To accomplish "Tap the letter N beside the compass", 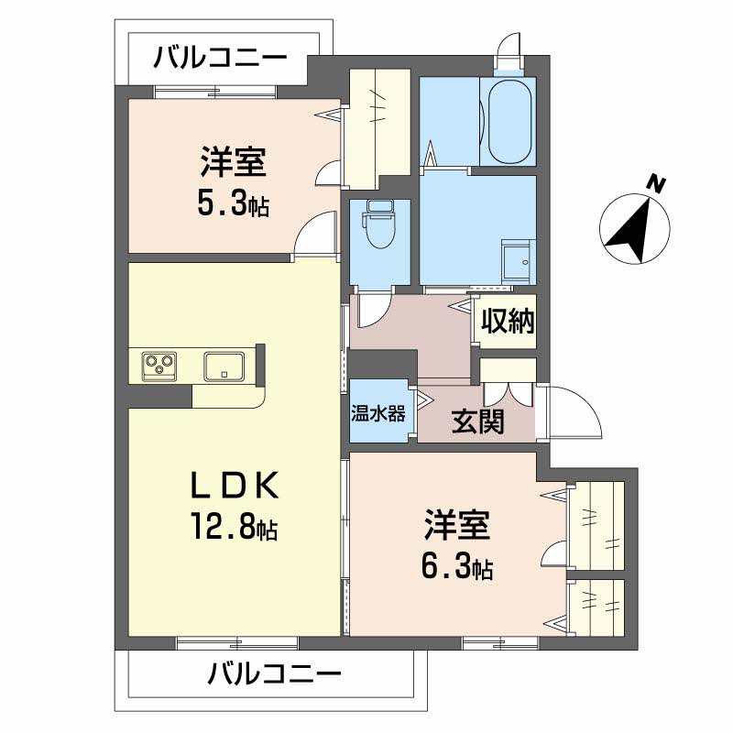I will coord(655,183).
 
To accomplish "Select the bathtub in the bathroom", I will coord(509,122).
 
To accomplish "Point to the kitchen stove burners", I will coord(160,366).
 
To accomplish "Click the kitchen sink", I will coord(223,366).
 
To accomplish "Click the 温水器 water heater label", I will coord(377,413).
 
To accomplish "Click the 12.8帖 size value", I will coord(235,528).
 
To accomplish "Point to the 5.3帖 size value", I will coord(233,203).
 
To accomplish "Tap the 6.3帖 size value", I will coord(457,569).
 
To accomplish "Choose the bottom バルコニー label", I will coord(274,677).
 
